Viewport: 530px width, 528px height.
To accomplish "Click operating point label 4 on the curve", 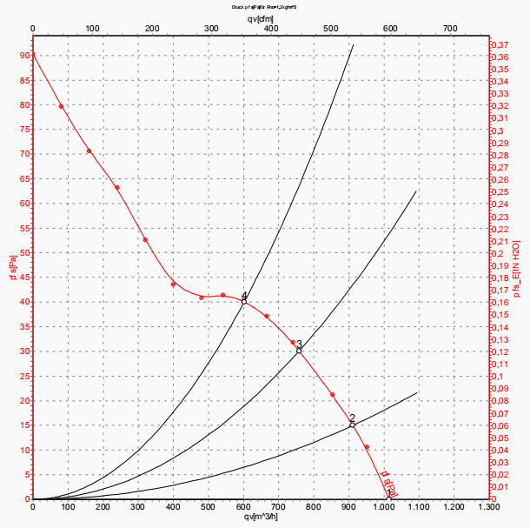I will pyautogui.click(x=245, y=297).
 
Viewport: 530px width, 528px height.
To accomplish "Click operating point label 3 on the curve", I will pyautogui.click(x=299, y=345).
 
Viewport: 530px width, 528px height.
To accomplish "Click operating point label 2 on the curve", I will pyautogui.click(x=352, y=418).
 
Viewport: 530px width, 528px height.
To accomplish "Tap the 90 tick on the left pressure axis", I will pyautogui.click(x=23, y=56).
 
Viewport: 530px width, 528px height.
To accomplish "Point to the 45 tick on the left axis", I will pyautogui.click(x=23, y=277).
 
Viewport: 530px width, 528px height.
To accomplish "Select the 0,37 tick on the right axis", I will pyautogui.click(x=502, y=44).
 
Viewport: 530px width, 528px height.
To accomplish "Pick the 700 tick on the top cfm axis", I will pyautogui.click(x=449, y=29).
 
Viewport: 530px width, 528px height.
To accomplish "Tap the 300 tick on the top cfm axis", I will pyautogui.click(x=211, y=29).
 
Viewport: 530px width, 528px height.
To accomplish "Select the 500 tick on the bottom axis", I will pyautogui.click(x=209, y=506).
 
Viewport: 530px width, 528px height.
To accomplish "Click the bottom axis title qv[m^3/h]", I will pyautogui.click(x=261, y=518).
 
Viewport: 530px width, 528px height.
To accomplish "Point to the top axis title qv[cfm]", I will pyautogui.click(x=261, y=17).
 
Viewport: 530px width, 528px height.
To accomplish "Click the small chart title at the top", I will pyautogui.click(x=264, y=6).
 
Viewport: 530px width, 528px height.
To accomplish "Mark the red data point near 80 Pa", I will pyautogui.click(x=61, y=106).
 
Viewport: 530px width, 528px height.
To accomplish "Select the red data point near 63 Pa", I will pyautogui.click(x=117, y=188).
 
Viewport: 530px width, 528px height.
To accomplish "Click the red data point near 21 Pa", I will pyautogui.click(x=333, y=395).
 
